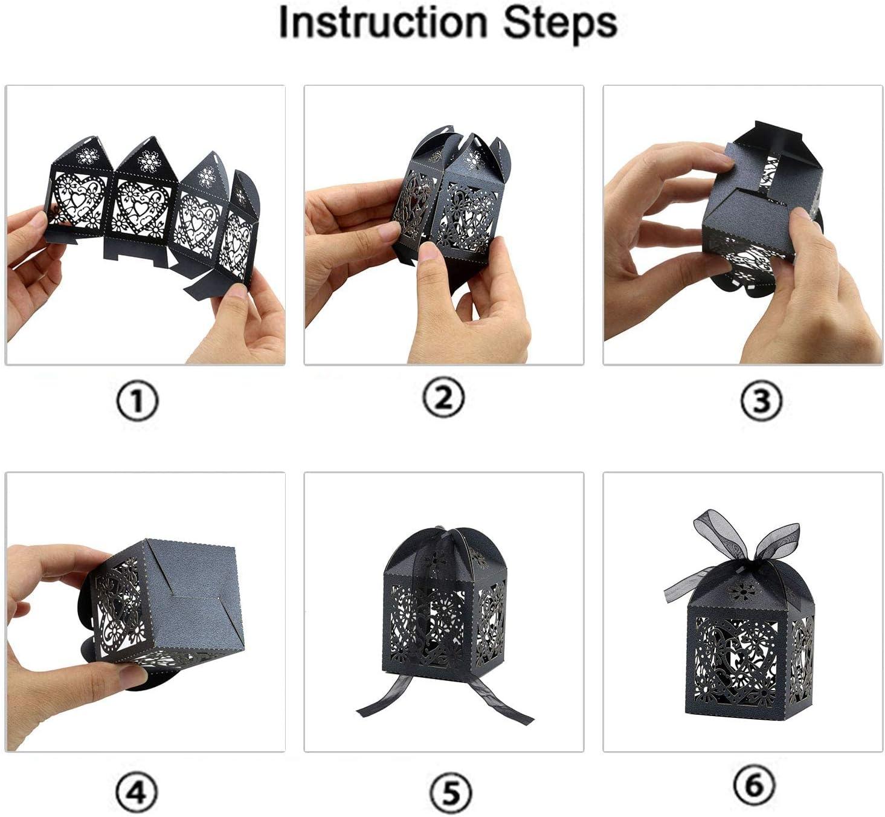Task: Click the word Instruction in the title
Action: pyautogui.click(x=382, y=22)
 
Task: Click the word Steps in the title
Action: pyautogui.click(x=560, y=25)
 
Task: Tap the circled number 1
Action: pyautogui.click(x=138, y=400)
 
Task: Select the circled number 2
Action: pyautogui.click(x=443, y=398)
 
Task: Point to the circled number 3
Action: pyautogui.click(x=761, y=400)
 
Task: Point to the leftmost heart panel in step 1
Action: pyautogui.click(x=78, y=201)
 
